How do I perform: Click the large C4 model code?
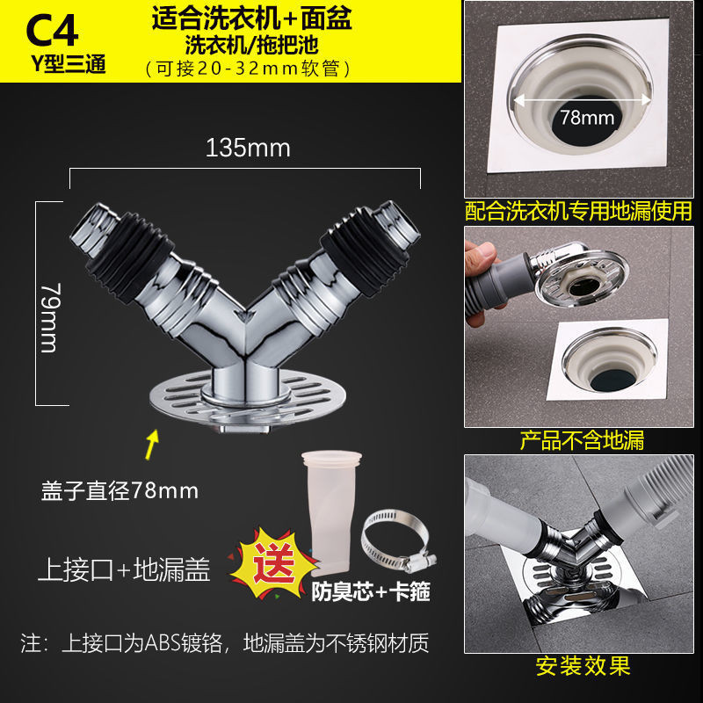[52, 32]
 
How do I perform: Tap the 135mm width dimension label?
[248, 148]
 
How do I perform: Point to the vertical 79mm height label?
[49, 317]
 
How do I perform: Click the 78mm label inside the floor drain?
[587, 118]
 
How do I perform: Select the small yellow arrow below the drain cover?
[152, 445]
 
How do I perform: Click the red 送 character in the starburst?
[274, 562]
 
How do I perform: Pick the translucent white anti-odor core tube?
[332, 512]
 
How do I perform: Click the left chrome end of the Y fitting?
[93, 229]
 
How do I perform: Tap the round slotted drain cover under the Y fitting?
[248, 399]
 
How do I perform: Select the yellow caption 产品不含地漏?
[582, 441]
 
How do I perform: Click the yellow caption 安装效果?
[583, 666]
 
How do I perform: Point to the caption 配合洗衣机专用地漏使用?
[578, 211]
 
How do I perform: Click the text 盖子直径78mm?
[120, 490]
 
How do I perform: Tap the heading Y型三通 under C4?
[69, 64]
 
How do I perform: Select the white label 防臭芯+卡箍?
[371, 591]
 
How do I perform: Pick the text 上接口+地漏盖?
[124, 569]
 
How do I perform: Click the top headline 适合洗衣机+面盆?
[251, 19]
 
